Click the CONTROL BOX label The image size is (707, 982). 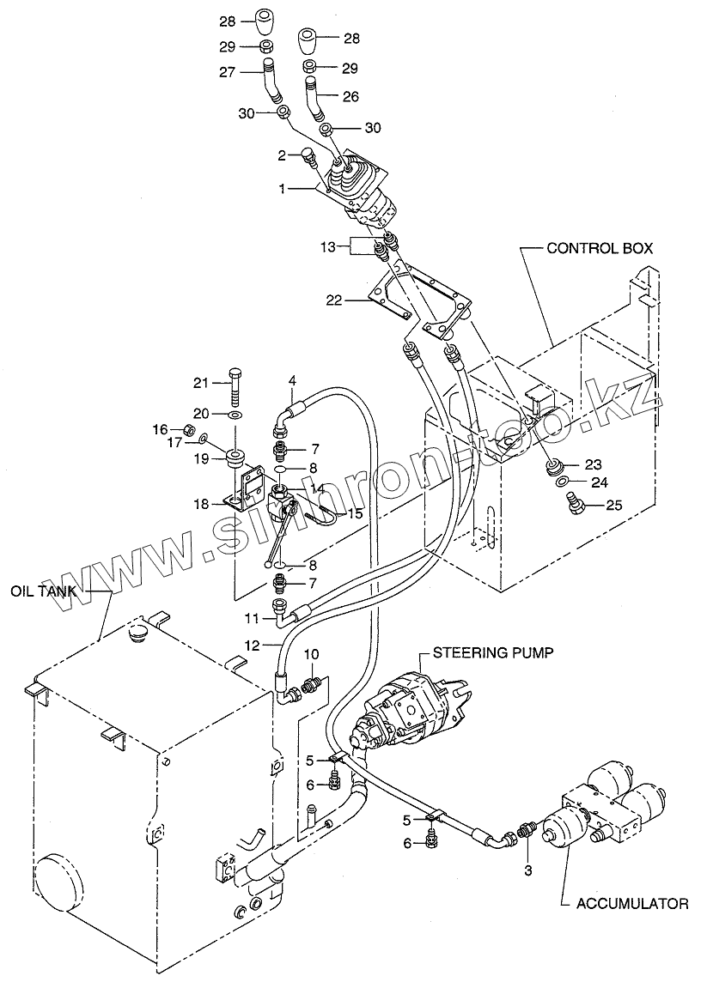(x=600, y=248)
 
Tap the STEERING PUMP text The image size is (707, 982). (x=494, y=652)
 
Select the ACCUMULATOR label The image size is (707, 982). (x=631, y=904)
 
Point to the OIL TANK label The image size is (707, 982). (x=43, y=591)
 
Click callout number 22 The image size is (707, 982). (x=335, y=300)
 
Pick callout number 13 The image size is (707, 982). (x=328, y=247)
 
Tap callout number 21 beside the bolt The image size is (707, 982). (x=200, y=383)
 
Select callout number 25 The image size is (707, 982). (x=614, y=505)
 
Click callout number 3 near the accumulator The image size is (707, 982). (x=527, y=870)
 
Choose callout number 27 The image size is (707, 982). (x=227, y=73)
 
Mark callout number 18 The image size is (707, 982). (x=201, y=504)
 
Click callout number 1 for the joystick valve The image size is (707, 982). (x=282, y=188)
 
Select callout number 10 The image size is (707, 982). (x=312, y=654)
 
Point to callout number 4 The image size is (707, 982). (x=291, y=380)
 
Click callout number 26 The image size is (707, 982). (x=351, y=96)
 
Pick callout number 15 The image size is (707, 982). (x=356, y=513)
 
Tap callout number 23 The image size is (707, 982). (x=593, y=464)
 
